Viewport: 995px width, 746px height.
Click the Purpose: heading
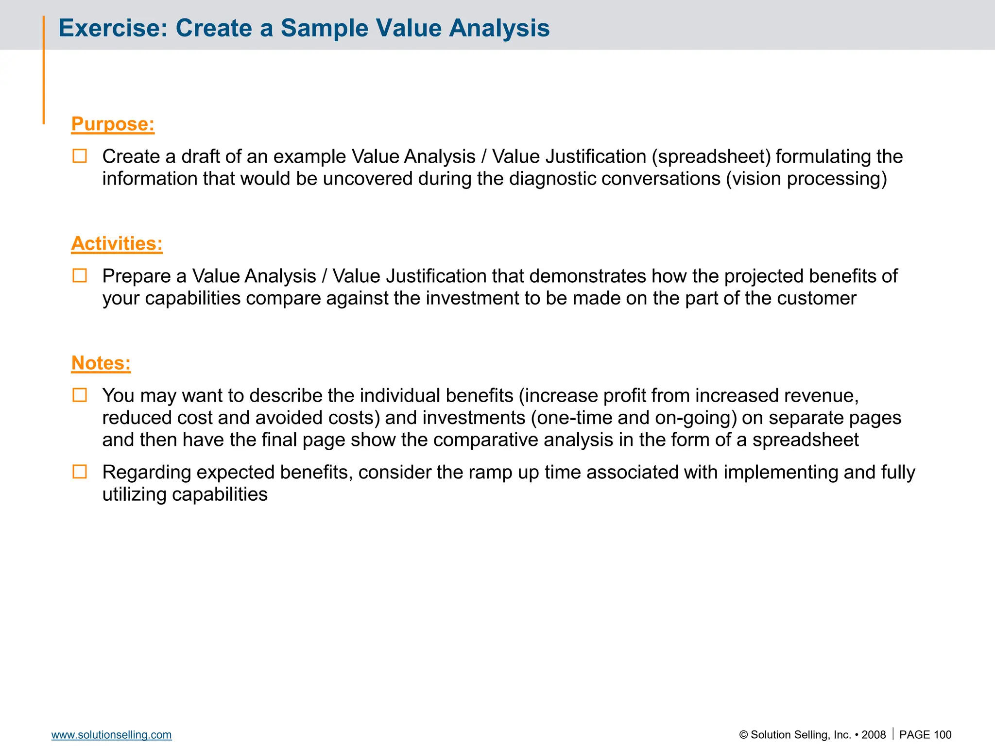coord(113,124)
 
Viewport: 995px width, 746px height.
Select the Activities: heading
coord(117,243)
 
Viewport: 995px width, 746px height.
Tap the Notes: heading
coord(101,363)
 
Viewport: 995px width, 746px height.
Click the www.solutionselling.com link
coord(111,735)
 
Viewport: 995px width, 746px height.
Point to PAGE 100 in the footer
coord(925,735)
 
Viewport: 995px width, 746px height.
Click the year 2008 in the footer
coord(874,735)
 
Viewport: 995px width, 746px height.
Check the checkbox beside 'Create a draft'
coord(80,156)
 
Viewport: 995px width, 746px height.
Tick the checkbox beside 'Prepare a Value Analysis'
coord(80,276)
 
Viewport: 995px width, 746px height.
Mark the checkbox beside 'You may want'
coord(80,395)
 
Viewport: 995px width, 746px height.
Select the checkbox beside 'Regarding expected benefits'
coord(80,472)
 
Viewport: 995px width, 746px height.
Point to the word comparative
coord(486,440)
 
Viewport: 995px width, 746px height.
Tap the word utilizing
coord(135,494)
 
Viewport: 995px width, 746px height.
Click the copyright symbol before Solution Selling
coord(743,735)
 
